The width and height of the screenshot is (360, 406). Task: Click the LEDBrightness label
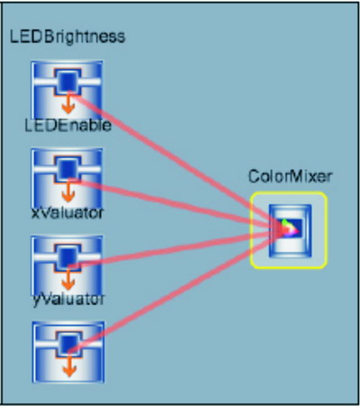pos(67,37)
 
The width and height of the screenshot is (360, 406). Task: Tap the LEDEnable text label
pos(67,125)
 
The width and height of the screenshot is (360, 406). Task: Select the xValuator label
pos(67,212)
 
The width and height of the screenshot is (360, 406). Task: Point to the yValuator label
pos(68,299)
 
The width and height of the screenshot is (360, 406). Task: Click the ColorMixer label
pos(290,176)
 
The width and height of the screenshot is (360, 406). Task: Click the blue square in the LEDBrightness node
pos(67,81)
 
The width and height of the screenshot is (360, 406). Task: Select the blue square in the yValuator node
pos(69,343)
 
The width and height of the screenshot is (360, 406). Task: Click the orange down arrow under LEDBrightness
pos(68,104)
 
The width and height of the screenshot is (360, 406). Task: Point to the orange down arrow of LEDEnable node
pos(68,192)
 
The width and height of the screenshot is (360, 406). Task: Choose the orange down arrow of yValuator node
pos(69,366)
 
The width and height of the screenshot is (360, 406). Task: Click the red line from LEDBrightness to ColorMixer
pos(177,161)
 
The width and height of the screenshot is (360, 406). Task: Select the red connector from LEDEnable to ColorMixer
pos(177,205)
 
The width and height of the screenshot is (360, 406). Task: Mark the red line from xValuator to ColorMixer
pos(177,248)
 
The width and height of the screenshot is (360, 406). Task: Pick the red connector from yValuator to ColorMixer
pos(177,291)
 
